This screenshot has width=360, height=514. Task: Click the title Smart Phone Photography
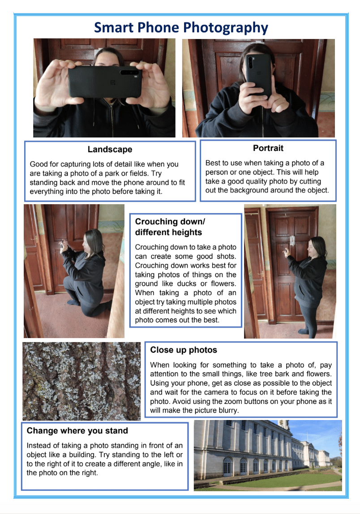coord(181,28)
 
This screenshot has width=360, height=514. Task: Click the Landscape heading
coord(110,150)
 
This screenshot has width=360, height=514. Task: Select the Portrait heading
coord(268,148)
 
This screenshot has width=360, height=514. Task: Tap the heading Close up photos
coord(184,350)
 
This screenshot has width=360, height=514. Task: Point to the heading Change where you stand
coord(77,431)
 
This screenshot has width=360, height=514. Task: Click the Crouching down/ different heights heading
coord(170,227)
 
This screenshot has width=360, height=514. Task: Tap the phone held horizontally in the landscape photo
coord(105,81)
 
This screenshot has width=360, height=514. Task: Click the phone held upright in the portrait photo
coord(259,75)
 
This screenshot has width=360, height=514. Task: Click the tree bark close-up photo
coord(81,381)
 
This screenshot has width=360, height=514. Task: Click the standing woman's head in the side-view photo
coord(316,247)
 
